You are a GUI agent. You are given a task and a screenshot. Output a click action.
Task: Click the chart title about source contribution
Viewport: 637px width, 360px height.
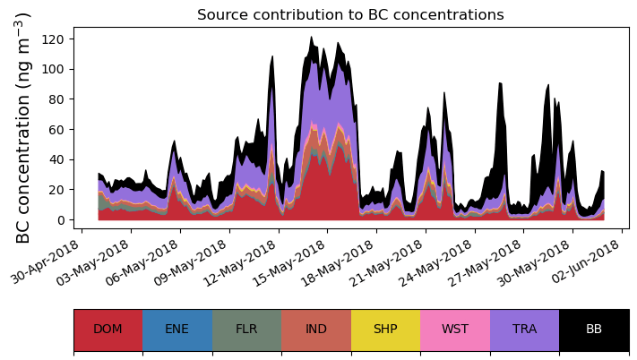[x=350, y=14]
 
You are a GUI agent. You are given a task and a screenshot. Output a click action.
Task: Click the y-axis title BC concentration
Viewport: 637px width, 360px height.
[x=24, y=128]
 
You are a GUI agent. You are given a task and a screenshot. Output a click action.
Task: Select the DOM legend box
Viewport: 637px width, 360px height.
[x=108, y=329]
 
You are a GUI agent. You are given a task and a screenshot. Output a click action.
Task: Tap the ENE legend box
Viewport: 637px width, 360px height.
[x=177, y=329]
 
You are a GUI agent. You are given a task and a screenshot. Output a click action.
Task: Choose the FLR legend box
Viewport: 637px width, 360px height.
[x=246, y=329]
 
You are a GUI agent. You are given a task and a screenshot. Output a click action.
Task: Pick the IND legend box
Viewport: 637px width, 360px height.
[x=316, y=329]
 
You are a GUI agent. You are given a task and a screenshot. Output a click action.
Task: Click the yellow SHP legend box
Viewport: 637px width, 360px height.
[x=385, y=329]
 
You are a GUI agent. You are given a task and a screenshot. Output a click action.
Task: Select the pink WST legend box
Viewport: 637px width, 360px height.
[x=455, y=329]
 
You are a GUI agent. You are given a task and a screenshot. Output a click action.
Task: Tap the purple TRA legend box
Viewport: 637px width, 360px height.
[x=524, y=329]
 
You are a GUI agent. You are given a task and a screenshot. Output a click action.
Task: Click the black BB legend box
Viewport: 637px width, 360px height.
[x=594, y=329]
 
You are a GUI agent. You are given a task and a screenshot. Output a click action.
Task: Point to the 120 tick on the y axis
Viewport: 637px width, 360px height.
[x=56, y=39]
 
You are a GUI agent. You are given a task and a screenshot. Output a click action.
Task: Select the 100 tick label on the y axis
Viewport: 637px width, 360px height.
[x=56, y=70]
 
